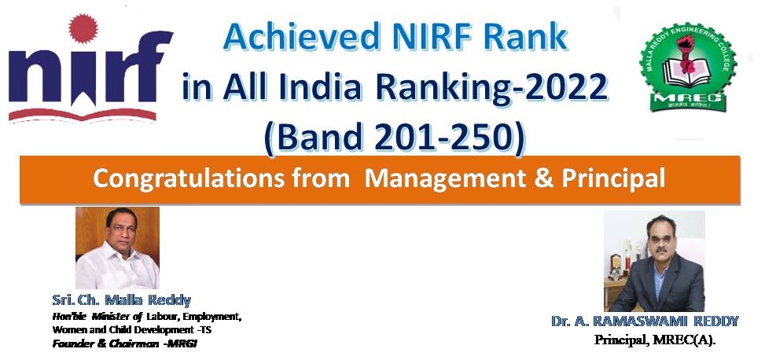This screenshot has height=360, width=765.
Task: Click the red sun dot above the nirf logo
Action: (83, 28)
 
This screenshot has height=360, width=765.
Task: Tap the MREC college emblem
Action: (688, 67)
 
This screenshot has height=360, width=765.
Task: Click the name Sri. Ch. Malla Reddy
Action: (122, 299)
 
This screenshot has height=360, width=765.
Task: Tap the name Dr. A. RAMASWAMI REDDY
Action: (645, 321)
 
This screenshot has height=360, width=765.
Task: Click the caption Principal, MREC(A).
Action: (654, 340)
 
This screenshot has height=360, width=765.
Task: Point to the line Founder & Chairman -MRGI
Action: (124, 343)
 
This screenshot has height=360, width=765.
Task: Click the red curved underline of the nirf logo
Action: (82, 115)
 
